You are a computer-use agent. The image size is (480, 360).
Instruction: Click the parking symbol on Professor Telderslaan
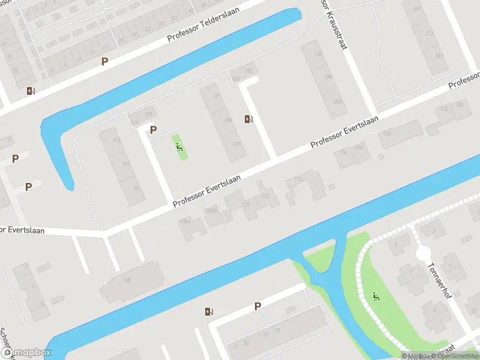tap(105, 61)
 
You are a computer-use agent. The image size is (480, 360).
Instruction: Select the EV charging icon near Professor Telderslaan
tap(31, 91)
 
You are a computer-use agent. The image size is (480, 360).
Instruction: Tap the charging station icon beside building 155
tap(248, 119)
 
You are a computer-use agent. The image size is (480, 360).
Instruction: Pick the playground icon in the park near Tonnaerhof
tap(376, 296)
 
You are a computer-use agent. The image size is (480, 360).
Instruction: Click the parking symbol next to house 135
tap(153, 130)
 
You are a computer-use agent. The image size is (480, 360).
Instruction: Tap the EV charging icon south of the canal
tap(209, 311)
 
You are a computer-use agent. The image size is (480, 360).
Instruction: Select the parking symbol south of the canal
tap(257, 306)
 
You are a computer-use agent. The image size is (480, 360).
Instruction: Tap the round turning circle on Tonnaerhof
tap(424, 253)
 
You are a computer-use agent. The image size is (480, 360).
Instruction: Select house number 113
tap(116, 141)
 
